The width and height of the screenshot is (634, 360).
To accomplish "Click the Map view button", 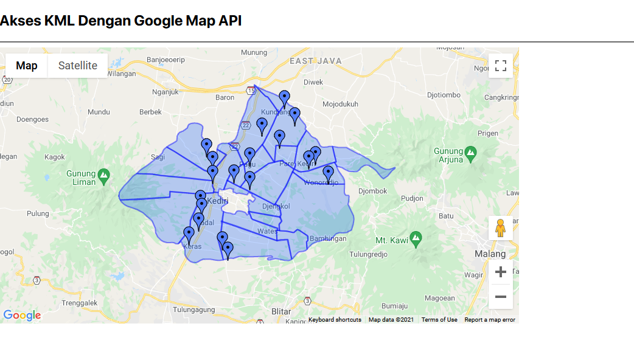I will (x=27, y=66).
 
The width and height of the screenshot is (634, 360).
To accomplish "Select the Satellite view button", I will (x=78, y=66).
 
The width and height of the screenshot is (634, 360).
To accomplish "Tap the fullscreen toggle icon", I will (x=501, y=66).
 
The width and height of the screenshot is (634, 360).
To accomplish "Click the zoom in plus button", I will (x=501, y=272).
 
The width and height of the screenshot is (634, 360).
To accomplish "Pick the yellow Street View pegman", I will (x=501, y=228).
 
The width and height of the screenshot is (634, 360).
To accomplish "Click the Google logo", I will (x=22, y=315).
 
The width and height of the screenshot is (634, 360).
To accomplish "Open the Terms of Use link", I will (x=439, y=320).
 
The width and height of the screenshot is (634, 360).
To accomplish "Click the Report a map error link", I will (x=490, y=320).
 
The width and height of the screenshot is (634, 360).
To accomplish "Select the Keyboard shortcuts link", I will (x=335, y=320).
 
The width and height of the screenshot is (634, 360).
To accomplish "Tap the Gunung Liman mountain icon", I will (x=103, y=175).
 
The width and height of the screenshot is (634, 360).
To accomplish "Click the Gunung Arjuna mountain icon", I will (x=470, y=151).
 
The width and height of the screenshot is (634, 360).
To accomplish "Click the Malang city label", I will (x=490, y=254).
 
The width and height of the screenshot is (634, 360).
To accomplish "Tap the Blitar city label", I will (x=281, y=311).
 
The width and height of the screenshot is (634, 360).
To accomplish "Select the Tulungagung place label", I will (x=194, y=310).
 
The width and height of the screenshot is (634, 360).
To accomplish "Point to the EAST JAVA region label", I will (x=315, y=61).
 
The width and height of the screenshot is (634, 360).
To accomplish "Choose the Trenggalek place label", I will (x=79, y=303).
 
